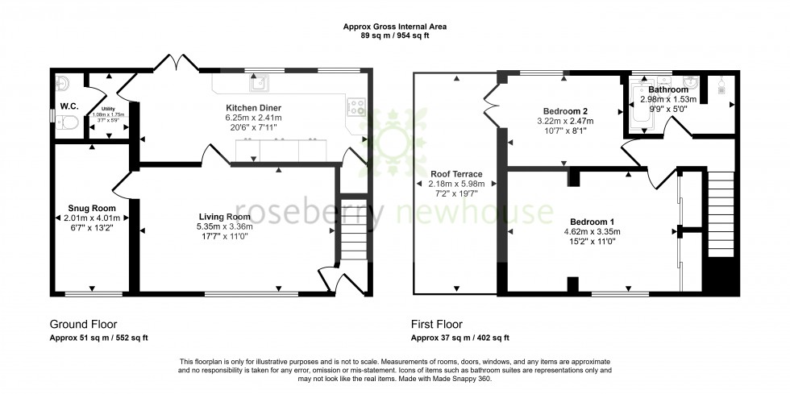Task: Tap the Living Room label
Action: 227,217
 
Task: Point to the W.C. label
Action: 69,106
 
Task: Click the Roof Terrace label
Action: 456,174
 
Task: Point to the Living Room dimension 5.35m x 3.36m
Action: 227,226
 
